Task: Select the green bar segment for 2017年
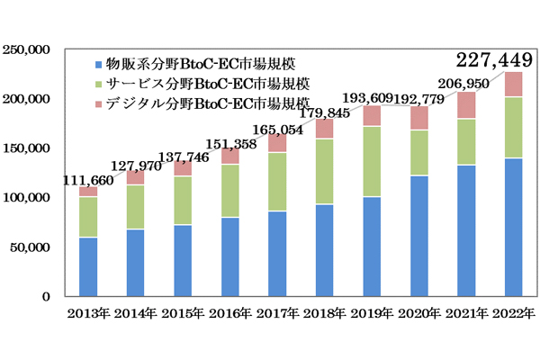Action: click(276, 182)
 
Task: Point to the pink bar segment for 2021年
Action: click(465, 105)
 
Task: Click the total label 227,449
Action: click(490, 59)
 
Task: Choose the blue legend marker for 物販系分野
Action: click(97, 64)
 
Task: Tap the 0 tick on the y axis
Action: click(52, 296)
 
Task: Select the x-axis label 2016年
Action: click(230, 316)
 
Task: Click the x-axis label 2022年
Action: click(513, 316)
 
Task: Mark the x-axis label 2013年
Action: click(88, 316)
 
